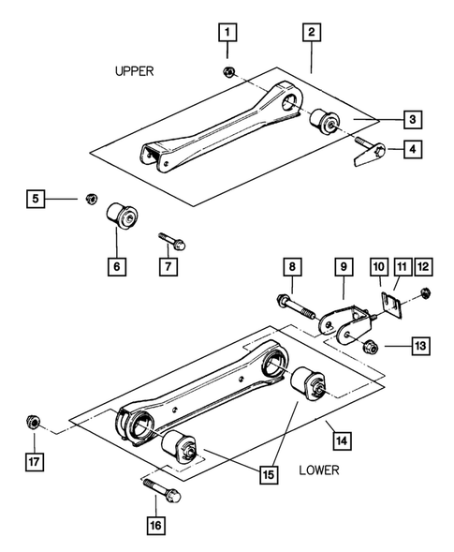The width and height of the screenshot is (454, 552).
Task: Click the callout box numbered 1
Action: [x=226, y=33]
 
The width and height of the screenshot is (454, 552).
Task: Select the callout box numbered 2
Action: [x=311, y=33]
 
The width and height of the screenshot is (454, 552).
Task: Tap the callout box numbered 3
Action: [x=412, y=119]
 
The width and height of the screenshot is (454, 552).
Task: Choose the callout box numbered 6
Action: [x=117, y=266]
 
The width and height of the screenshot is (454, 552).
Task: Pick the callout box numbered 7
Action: [x=169, y=266]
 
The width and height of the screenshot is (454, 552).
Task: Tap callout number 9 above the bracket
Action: [x=345, y=267]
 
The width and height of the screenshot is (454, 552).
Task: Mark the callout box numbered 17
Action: [x=34, y=461]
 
